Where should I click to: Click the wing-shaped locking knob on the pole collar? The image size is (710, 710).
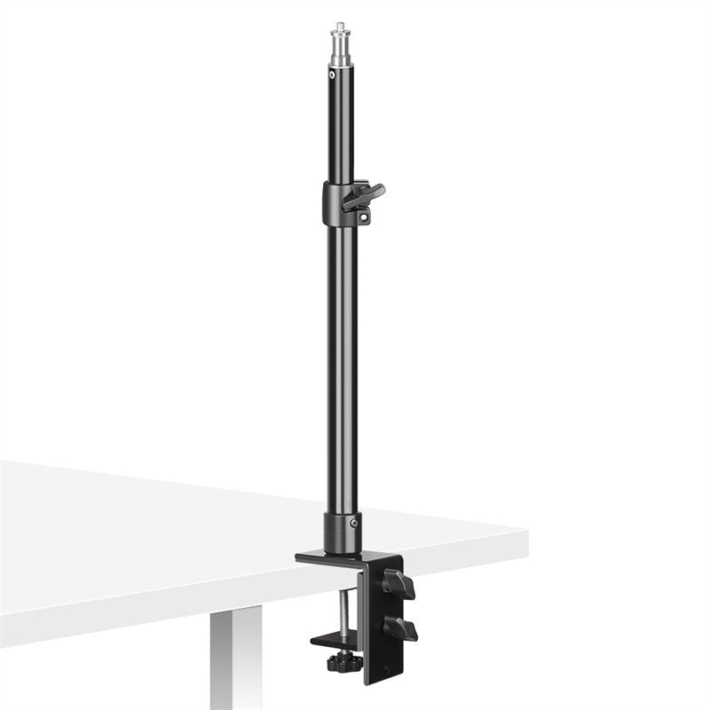pos(365,193)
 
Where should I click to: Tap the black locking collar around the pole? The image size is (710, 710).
pos(332,204)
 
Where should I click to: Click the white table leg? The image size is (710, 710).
pos(233,666)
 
